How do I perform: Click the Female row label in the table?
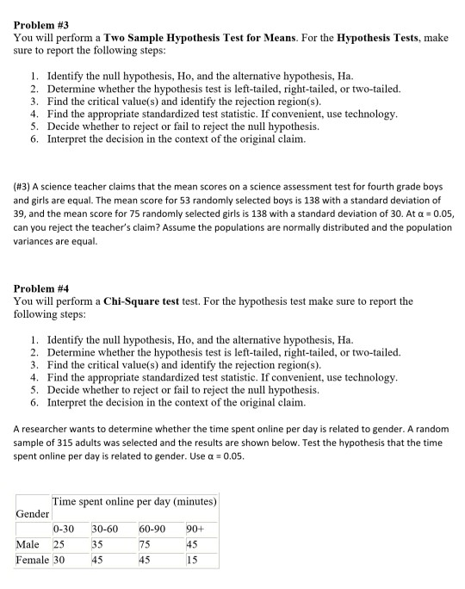(x=32, y=559)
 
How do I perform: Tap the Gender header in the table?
(x=32, y=514)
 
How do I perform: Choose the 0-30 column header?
(x=64, y=529)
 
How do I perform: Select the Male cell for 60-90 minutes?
(x=146, y=544)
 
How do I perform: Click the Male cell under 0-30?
(x=59, y=544)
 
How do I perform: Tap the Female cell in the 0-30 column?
(x=59, y=559)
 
